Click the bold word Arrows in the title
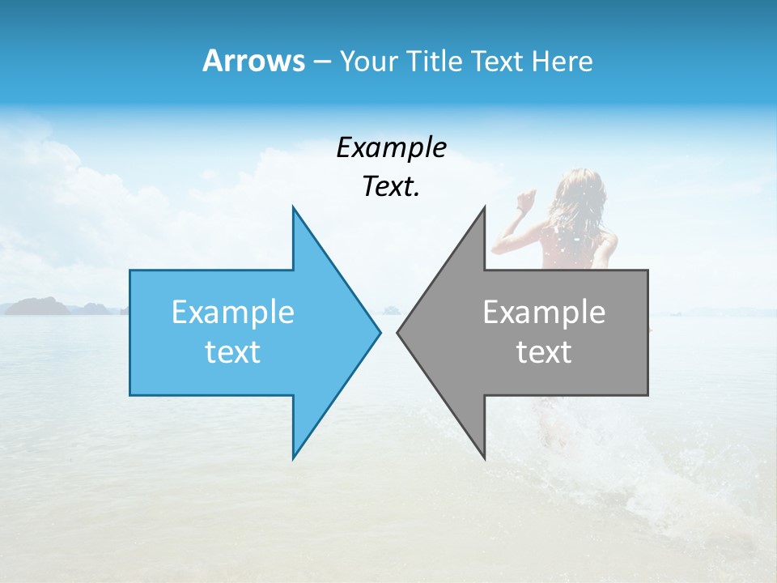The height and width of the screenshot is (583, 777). [x=253, y=61]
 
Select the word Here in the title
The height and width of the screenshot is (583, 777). [x=562, y=61]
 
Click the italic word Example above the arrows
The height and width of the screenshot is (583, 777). [x=391, y=147]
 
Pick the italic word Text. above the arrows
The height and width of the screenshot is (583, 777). [x=391, y=186]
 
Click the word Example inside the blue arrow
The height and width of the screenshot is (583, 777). [x=233, y=312]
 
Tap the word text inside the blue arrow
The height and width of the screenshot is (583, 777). [x=233, y=351]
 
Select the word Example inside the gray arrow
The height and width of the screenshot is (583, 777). [x=544, y=312]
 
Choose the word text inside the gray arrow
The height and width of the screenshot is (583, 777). [x=544, y=351]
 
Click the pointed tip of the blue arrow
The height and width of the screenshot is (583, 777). [x=380, y=332]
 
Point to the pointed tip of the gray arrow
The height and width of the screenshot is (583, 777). [x=397, y=332]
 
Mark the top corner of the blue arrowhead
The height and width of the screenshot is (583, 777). [x=293, y=207]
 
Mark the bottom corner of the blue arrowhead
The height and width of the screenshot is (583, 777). [x=293, y=457]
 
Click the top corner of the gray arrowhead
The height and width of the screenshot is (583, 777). [x=484, y=207]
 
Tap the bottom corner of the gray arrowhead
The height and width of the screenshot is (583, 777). [x=484, y=457]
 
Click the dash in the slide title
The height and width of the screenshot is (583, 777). [x=321, y=62]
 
